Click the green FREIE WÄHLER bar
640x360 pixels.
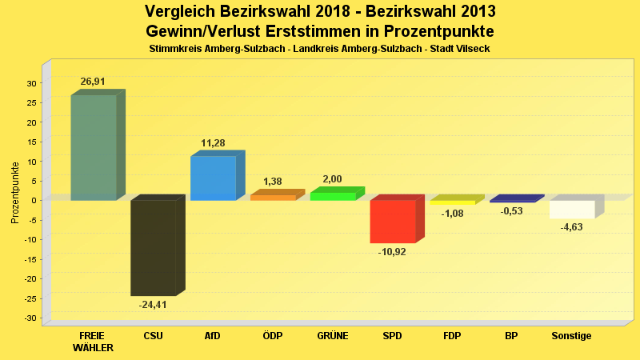pos(94,147)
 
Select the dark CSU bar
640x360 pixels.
pos(153,247)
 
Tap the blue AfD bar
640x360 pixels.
pos(213,178)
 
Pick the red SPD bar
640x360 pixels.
pos(392,221)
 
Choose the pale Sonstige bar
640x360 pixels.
pos(572,209)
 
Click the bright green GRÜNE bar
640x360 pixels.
pos(333,196)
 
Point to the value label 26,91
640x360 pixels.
pos(93,82)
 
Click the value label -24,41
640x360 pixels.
pos(153,305)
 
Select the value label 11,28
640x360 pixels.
pos(213,143)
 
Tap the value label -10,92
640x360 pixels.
pos(392,252)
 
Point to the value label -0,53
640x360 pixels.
pos(512,211)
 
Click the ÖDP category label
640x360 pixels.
pos(273,336)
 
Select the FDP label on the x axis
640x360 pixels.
pos(452,336)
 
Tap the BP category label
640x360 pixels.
pos(512,336)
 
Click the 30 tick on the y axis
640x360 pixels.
pos(33,83)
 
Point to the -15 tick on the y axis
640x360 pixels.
pos(30,259)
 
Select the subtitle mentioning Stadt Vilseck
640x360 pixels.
pos(320,49)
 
